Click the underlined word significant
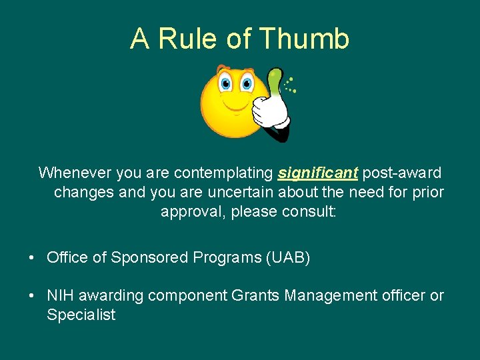pyautogui.click(x=318, y=173)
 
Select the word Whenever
pyautogui.click(x=75, y=173)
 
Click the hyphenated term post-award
pyautogui.click(x=401, y=173)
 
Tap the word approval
pyautogui.click(x=193, y=212)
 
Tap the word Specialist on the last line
pyautogui.click(x=81, y=315)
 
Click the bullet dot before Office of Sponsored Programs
pyautogui.click(x=32, y=258)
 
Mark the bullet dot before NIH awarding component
pyautogui.click(x=32, y=296)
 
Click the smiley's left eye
pyautogui.click(x=226, y=84)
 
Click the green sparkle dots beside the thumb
pyautogui.click(x=289, y=85)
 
